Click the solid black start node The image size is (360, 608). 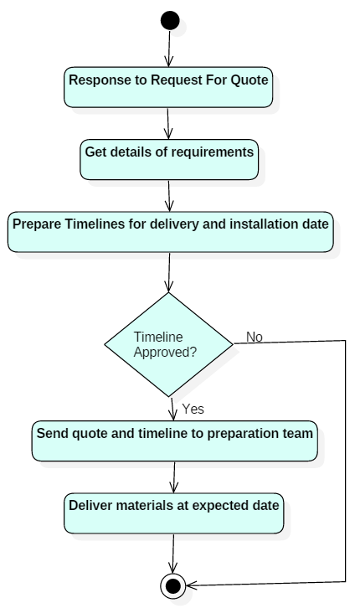[170, 21]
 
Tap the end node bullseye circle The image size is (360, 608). [172, 586]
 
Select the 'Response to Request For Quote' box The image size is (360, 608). [168, 87]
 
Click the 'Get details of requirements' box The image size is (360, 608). [169, 159]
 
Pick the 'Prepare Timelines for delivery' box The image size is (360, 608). [171, 232]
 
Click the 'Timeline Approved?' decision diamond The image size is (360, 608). [168, 344]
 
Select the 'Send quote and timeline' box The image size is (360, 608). [174, 441]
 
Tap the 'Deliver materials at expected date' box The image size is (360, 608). [173, 513]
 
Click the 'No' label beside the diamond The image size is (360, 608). [255, 337]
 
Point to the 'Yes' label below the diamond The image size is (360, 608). [193, 409]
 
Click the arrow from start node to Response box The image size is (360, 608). [169, 49]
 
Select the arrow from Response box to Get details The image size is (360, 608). [168, 123]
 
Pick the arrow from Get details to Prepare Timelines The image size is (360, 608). [169, 196]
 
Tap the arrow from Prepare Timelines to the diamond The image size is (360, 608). [169, 272]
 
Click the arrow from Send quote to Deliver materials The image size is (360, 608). [174, 477]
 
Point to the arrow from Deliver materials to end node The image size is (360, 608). [173, 554]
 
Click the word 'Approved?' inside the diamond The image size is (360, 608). [165, 352]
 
